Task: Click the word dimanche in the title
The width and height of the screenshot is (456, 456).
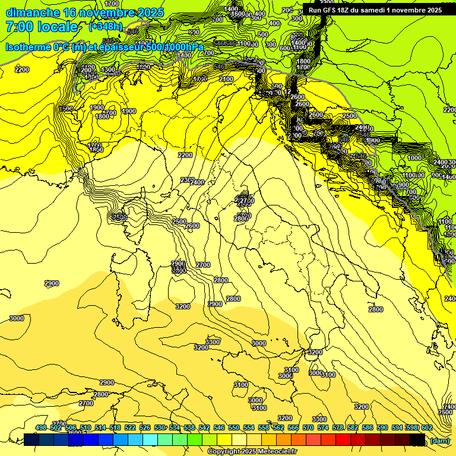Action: (31, 12)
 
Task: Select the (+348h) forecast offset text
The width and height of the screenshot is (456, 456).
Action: (106, 27)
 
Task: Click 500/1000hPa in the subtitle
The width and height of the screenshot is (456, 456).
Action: (173, 47)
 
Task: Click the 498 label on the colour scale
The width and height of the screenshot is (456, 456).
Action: (41, 428)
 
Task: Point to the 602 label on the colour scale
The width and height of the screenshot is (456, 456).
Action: (426, 428)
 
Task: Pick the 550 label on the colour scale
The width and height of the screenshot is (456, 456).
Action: (234, 428)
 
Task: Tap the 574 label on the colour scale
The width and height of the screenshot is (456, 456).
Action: (323, 428)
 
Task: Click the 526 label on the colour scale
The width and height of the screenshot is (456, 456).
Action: (145, 428)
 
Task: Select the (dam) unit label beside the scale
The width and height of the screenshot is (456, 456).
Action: (439, 440)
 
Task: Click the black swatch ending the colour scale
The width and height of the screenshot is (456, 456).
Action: (417, 439)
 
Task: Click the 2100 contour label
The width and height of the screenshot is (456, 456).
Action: (226, 79)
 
